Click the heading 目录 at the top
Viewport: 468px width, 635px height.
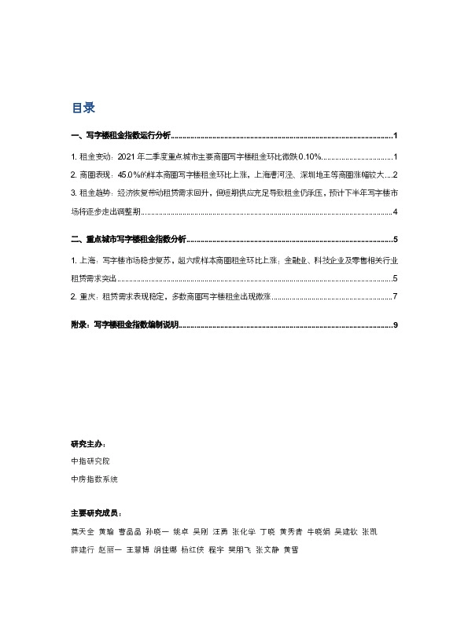83,108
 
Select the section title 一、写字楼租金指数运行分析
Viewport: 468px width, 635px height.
120,135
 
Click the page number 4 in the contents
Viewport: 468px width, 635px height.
395,212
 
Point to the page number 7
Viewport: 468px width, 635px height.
395,297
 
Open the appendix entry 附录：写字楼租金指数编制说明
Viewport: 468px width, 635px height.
125,324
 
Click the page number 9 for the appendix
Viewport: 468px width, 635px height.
395,324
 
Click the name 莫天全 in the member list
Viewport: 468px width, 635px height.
81,532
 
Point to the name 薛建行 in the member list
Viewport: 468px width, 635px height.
81,550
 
